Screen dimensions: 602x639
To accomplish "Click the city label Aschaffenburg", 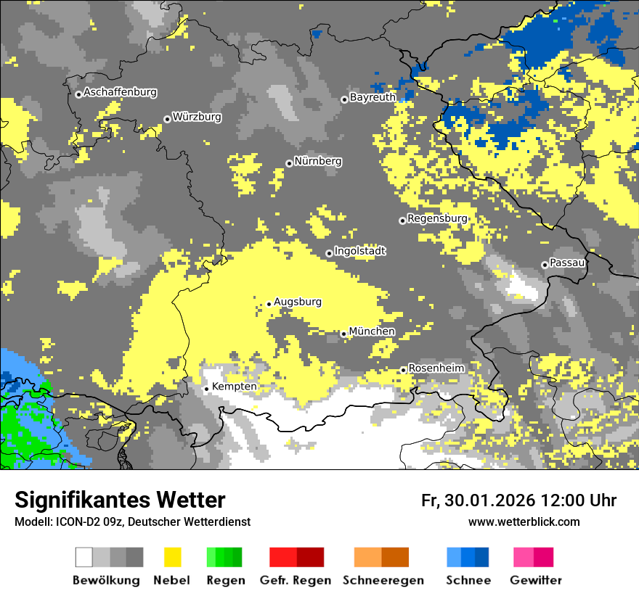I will pos(120,92).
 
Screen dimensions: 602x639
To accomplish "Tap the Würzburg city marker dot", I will pos(167,119).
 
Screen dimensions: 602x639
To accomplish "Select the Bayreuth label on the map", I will pos(373,97).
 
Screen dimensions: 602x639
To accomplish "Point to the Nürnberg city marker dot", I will pos(289,163).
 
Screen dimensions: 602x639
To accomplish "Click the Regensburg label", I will pos(437,218).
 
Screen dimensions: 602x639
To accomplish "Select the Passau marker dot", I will pos(545,265).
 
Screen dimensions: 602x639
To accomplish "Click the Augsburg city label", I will pos(297,302).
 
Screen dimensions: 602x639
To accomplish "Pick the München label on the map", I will pos(372,331).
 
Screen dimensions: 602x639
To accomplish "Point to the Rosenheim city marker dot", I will pos(403,370).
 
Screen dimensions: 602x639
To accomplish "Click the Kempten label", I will pos(234,387).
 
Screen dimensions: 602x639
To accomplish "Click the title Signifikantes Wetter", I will pos(120,500).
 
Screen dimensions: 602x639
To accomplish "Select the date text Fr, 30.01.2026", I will pos(477,500).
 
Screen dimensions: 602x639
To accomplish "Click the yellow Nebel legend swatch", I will pos(173,557).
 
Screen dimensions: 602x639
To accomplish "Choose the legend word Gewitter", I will pos(535,580).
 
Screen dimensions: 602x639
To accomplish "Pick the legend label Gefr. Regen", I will pos(296,580).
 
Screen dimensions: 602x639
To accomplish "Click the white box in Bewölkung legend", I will pos(84,557).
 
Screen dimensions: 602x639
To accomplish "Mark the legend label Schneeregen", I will pos(383,580).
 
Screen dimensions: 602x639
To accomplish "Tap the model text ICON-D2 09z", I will pos(86,522).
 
